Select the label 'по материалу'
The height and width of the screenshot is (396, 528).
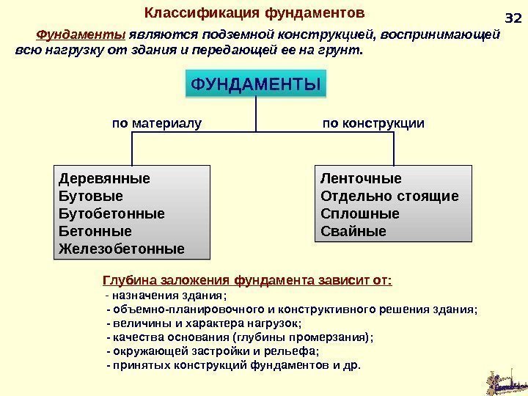click(155, 122)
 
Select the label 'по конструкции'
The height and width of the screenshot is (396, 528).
click(373, 122)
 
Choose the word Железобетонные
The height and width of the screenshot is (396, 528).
click(120, 249)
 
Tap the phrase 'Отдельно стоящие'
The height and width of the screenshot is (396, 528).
click(389, 196)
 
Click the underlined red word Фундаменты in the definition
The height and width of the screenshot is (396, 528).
click(81, 34)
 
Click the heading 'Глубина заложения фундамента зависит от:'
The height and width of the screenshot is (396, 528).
click(247, 280)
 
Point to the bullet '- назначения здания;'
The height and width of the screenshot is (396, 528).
click(166, 296)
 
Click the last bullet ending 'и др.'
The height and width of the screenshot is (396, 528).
click(234, 364)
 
